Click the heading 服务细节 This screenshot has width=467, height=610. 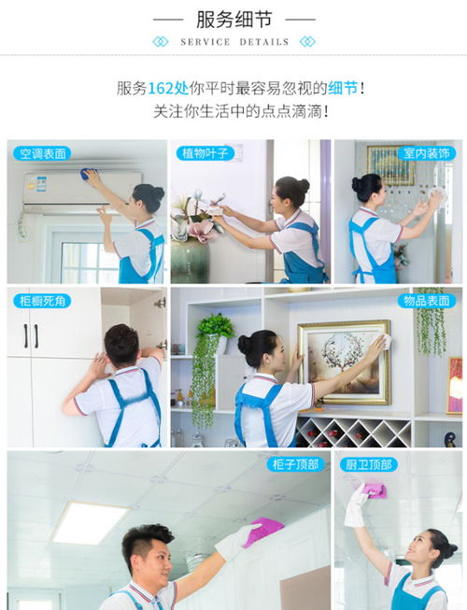tap(233, 20)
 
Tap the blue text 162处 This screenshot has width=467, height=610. tap(168, 89)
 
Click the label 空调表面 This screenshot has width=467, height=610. tap(42, 153)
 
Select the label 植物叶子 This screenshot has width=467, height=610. tap(205, 153)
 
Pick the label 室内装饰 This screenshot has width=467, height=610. tap(426, 153)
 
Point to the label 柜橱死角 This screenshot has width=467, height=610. tap(42, 301)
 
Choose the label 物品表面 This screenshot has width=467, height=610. tap(426, 301)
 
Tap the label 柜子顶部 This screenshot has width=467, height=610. tap(295, 464)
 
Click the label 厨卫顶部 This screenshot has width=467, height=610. tap(369, 464)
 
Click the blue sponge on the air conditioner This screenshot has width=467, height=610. tap(88, 174)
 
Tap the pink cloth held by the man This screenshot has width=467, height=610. tap(262, 531)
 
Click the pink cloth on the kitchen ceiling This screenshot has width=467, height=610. tap(374, 490)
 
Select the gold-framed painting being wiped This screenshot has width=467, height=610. tap(344, 362)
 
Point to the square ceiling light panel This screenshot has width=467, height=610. tap(92, 522)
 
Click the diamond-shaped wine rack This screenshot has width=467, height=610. tap(353, 432)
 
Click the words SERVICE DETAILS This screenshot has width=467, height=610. tap(234, 42)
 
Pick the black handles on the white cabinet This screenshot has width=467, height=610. tap(31, 336)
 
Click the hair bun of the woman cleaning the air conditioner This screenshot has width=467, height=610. tap(158, 192)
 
